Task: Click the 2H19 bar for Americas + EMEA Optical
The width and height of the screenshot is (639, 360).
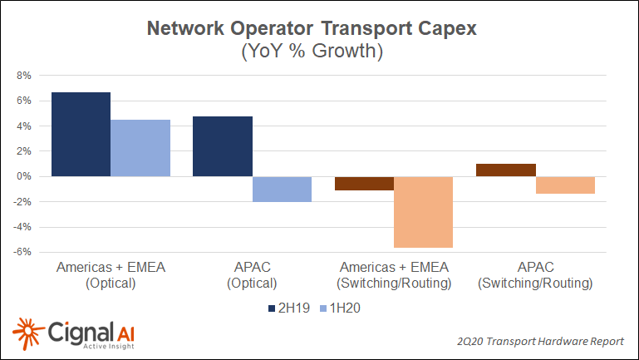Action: tap(81, 134)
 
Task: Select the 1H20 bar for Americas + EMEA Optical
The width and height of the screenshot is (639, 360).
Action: tap(140, 148)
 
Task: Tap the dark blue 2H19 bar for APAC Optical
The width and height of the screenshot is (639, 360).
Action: tap(223, 146)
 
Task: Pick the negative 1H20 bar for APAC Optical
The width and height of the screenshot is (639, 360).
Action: tap(282, 190)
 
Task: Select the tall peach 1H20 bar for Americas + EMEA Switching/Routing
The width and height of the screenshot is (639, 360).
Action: tap(423, 212)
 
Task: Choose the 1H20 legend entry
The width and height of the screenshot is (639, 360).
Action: tap(342, 308)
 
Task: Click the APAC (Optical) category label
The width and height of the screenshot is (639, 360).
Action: tap(252, 275)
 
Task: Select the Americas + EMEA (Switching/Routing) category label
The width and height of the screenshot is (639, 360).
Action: tap(393, 275)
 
